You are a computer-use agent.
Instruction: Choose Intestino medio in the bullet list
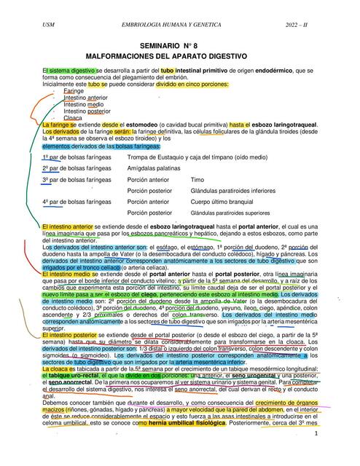coord(84,104)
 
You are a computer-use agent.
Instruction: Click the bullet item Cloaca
coord(73,117)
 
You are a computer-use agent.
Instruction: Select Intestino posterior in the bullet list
coord(87,111)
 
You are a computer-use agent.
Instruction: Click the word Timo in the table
coord(197,179)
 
